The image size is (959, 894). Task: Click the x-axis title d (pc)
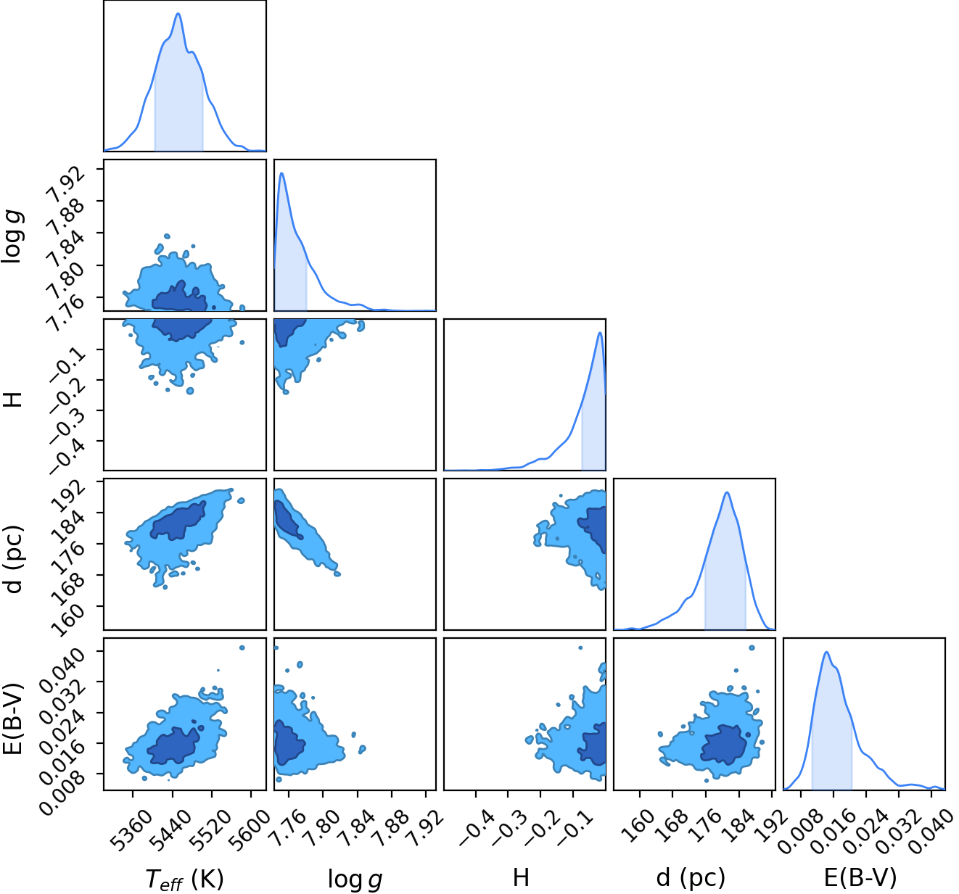691,877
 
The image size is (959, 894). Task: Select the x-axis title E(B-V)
860,877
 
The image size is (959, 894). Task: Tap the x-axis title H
521,877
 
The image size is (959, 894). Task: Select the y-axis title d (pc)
12,558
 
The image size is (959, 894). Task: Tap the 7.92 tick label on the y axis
65,183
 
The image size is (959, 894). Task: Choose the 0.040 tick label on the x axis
934,832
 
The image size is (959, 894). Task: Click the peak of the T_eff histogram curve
178,13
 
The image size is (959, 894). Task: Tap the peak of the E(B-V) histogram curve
826,652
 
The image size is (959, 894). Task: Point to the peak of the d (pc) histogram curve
727,492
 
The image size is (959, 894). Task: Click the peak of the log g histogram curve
281,173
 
